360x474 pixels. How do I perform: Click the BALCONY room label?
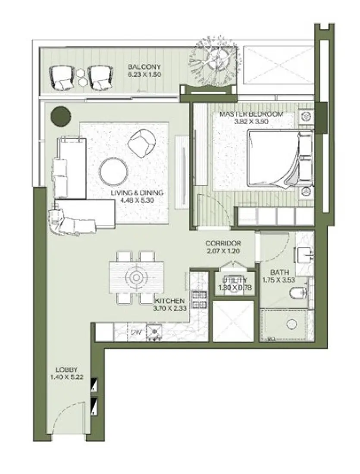coord(144,67)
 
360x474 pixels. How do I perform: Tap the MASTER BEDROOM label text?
coord(251,114)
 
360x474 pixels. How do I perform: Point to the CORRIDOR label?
coord(223,243)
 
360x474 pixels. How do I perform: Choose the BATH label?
coord(279,272)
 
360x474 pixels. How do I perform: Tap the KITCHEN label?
coord(170,300)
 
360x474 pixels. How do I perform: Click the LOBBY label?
coord(66,370)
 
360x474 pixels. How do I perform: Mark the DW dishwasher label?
coord(136,332)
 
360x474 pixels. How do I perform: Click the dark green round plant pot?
coord(60,115)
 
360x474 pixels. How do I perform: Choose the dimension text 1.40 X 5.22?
coord(66,377)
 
